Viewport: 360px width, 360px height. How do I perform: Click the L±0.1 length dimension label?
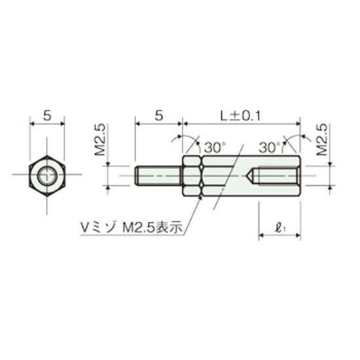[x=240, y=116]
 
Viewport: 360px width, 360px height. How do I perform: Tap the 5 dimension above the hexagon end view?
[x=47, y=115]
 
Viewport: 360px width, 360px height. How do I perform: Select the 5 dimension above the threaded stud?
[x=159, y=115]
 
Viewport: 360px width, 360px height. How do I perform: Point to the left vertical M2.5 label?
[x=100, y=139]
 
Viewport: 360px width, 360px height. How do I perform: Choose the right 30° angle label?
[x=270, y=147]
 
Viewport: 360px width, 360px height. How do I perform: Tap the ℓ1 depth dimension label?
[x=280, y=228]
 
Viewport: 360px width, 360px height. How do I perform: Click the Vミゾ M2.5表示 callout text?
[x=132, y=228]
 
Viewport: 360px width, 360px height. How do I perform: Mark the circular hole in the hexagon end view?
[x=47, y=176]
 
